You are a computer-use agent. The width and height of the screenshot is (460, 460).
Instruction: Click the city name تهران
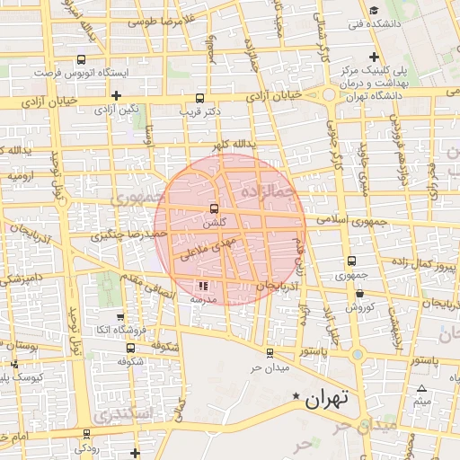pos(327,399)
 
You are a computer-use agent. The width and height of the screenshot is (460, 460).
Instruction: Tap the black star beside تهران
pos(296,395)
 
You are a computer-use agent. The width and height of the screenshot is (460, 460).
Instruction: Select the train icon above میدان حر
pos(270,353)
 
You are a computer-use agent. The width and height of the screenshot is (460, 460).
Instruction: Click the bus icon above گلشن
pos(213,208)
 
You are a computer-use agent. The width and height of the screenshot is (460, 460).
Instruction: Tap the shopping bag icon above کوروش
pos(359,293)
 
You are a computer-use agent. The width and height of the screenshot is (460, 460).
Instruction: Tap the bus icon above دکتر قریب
pos(199,98)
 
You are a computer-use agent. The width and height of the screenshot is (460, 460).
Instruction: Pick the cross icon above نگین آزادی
pos(116,94)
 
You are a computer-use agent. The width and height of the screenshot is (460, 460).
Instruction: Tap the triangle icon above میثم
pos(421,388)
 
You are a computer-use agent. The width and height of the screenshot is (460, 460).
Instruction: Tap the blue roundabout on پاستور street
pos(358,354)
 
